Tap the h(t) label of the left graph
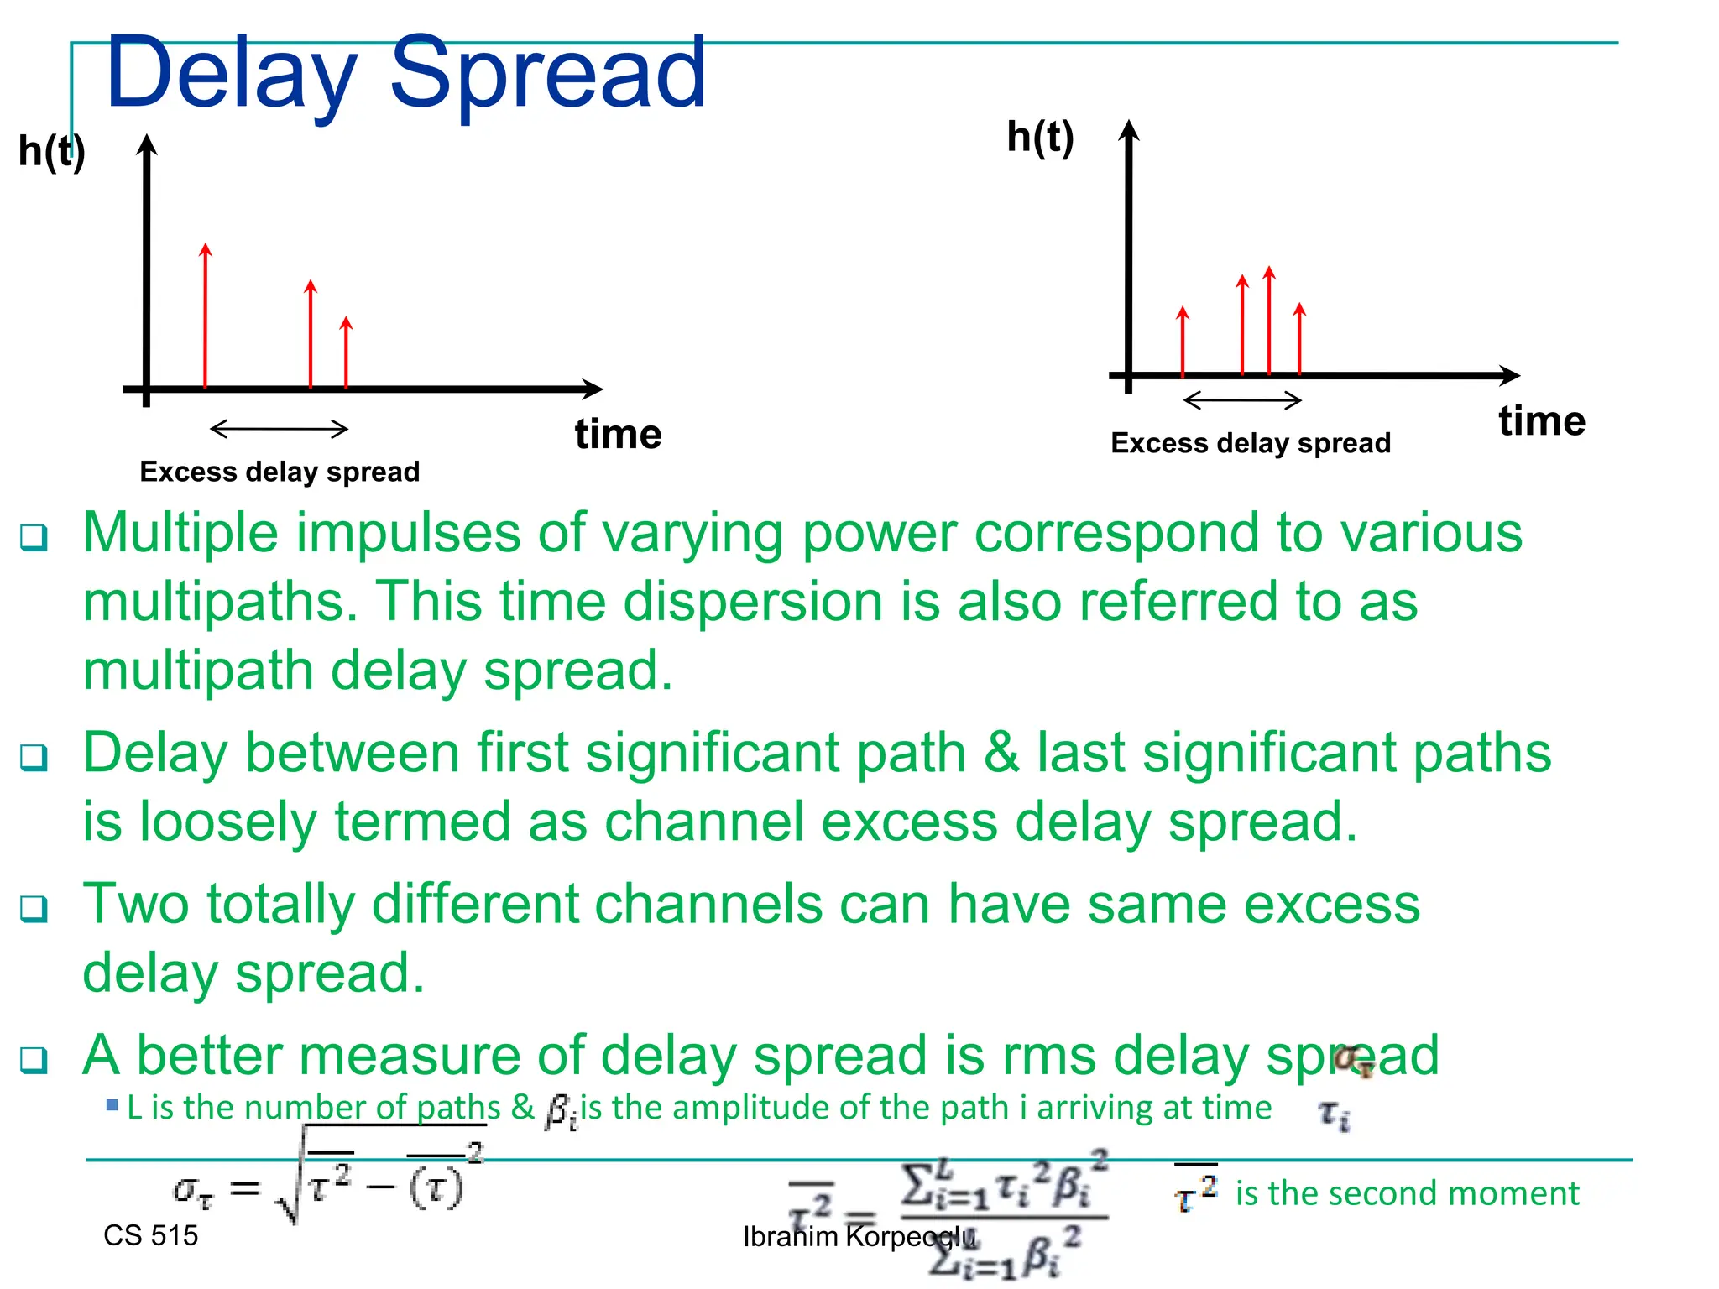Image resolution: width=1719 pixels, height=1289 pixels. pos(51,152)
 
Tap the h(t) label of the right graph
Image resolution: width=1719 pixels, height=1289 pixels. pos(1039,137)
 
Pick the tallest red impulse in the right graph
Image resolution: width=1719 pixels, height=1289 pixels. pos(1268,321)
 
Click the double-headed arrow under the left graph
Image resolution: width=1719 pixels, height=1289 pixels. pos(279,429)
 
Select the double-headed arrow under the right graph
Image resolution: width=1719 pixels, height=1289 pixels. pos(1242,400)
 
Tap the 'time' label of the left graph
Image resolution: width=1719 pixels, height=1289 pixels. pos(618,435)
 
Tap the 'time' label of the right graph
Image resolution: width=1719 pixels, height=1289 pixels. pos(1541,420)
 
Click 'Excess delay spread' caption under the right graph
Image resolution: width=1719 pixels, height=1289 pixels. pos(1250,443)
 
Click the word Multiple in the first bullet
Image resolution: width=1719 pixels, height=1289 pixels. pos(180,534)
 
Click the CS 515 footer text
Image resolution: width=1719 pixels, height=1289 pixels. pos(150,1235)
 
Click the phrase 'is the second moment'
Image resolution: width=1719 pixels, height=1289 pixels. pos(1407,1193)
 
